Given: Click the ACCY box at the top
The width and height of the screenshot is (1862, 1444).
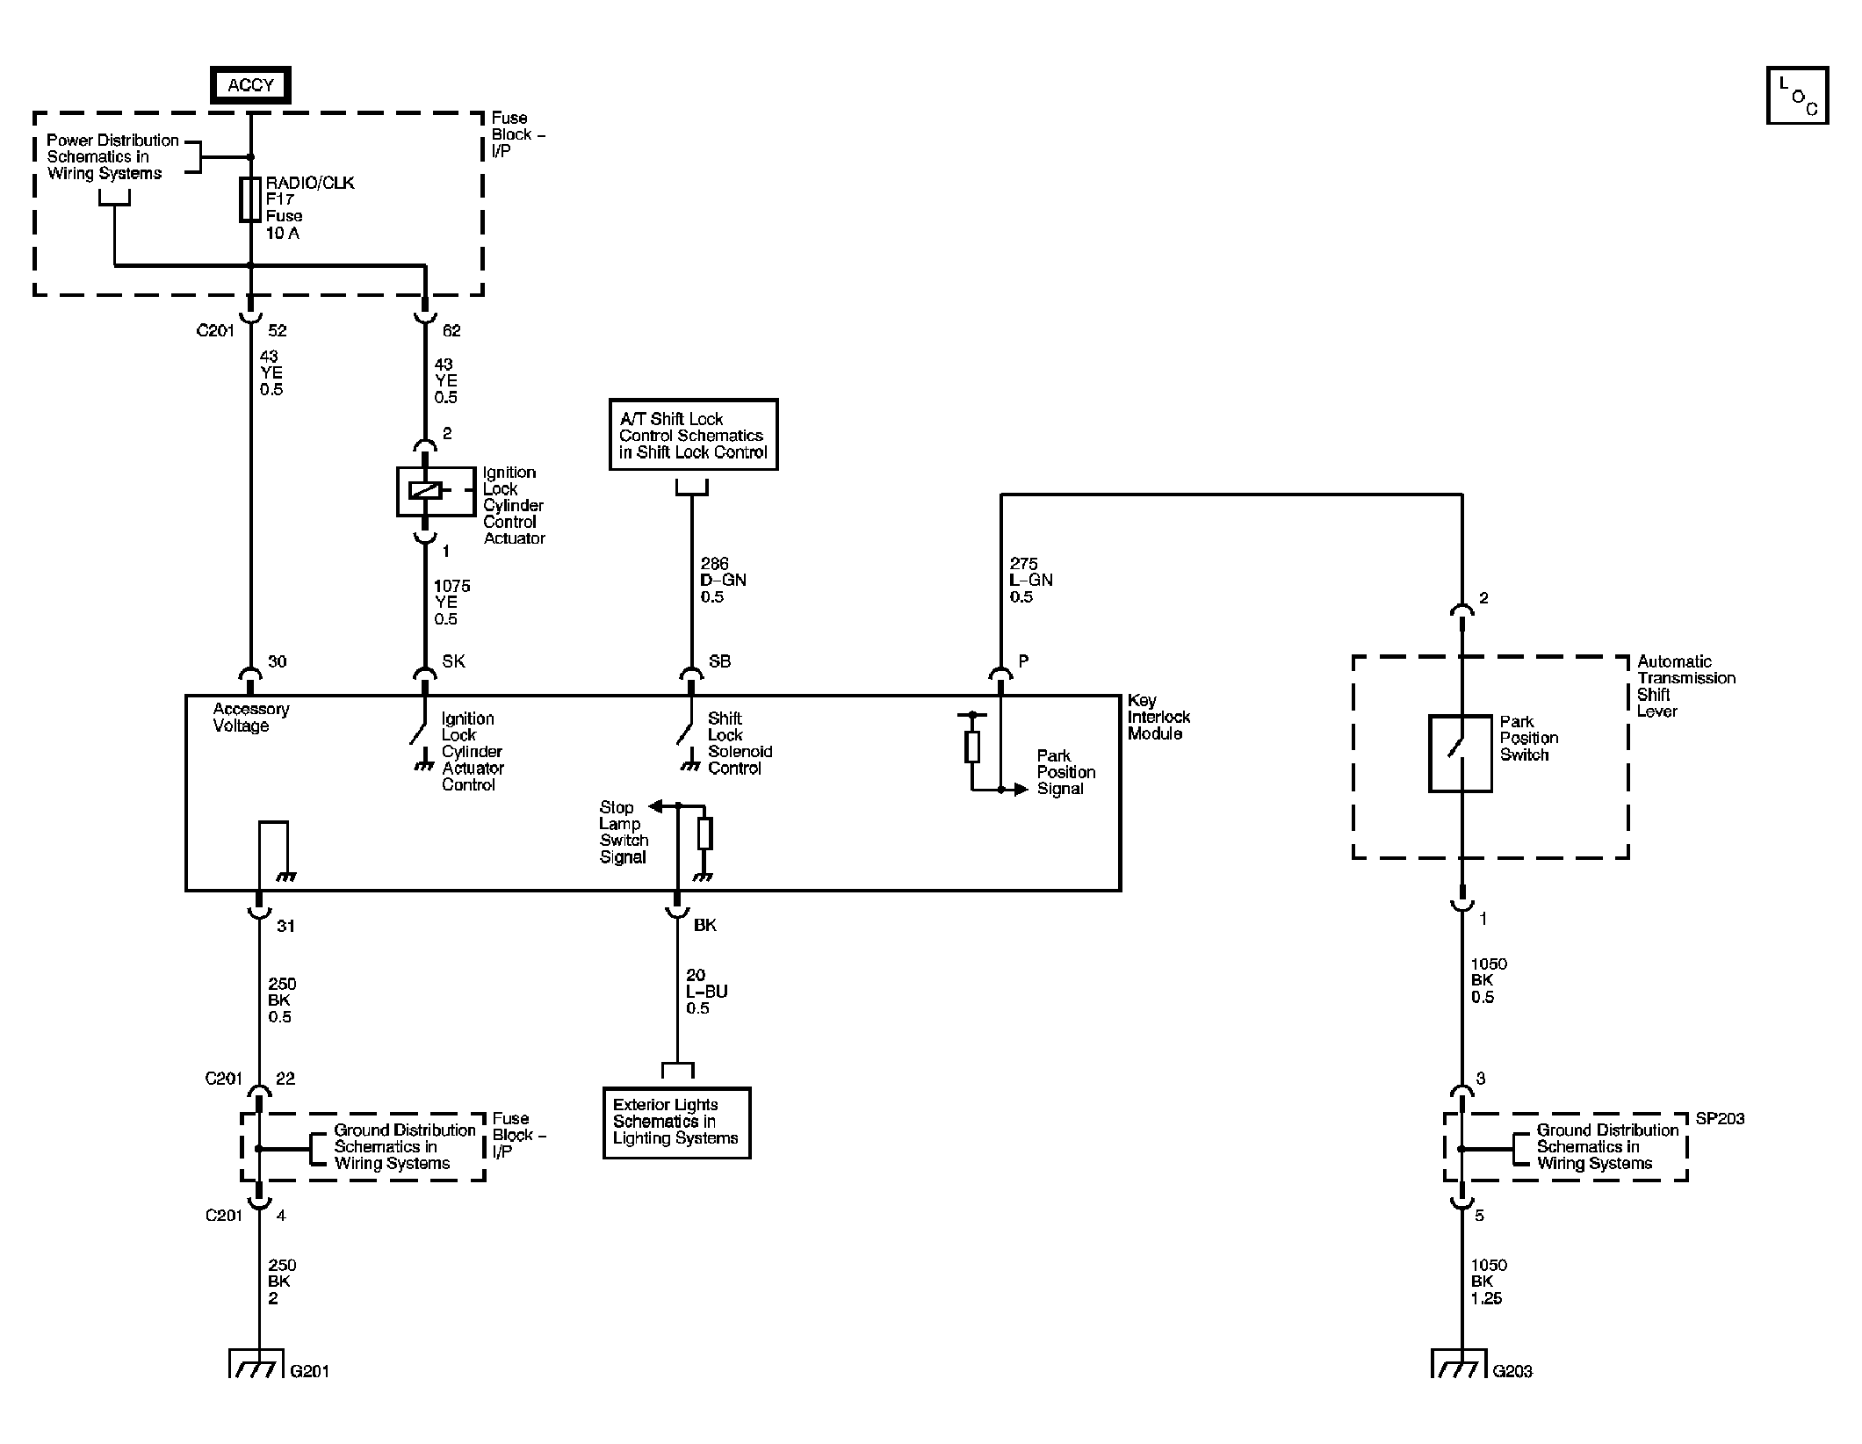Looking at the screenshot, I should (250, 85).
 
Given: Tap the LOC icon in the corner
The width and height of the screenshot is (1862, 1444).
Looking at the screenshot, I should (1796, 95).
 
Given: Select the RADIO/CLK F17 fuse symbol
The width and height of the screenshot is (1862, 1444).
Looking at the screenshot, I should (250, 199).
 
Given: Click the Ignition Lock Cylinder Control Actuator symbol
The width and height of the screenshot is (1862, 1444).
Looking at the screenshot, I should (425, 491).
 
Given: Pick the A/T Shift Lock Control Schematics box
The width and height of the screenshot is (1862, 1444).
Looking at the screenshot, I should (693, 435).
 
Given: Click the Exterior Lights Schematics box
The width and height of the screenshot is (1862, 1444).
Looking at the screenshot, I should (676, 1122).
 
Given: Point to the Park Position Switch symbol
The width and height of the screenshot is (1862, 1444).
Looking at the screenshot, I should (1460, 753).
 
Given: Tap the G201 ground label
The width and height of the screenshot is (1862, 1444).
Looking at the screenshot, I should (309, 1370).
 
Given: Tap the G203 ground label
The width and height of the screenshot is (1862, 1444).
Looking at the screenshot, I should (1512, 1370).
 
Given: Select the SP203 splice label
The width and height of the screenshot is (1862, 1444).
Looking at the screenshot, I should (1719, 1118).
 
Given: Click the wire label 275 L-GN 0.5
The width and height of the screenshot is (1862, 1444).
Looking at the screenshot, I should (1030, 580).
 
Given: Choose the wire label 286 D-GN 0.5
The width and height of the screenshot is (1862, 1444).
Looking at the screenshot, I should (722, 580).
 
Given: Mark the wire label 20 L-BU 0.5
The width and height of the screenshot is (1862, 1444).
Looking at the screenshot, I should (706, 992).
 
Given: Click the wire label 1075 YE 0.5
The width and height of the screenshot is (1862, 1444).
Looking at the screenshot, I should (451, 602).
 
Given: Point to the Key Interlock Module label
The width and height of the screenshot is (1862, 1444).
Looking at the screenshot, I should (1158, 717).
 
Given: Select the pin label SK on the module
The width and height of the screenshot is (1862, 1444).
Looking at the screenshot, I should (453, 661).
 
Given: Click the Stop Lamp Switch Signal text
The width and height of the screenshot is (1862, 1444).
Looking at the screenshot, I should (623, 832).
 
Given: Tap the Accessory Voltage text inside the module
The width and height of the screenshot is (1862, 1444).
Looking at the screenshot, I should (250, 717).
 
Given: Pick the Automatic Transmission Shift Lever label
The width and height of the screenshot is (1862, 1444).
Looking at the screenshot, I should (1685, 686).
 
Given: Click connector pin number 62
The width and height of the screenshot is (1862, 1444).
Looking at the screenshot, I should (451, 330).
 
